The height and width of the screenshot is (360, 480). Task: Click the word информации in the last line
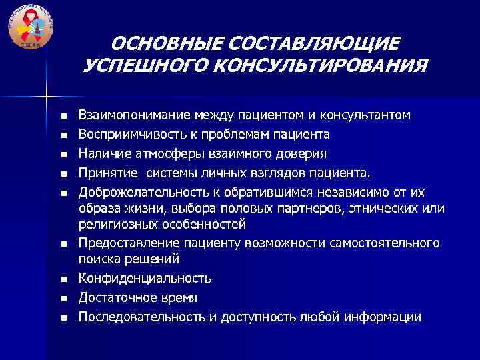tap(385, 317)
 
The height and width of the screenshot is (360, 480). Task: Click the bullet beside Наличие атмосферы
tap(64, 155)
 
